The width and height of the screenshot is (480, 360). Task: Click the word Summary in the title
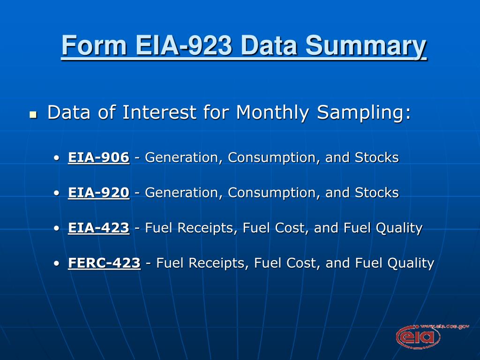tap(366, 46)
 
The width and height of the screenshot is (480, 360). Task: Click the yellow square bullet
tap(33, 115)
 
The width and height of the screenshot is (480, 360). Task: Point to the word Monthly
tap(273, 112)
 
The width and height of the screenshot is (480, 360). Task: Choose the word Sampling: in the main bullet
tap(364, 112)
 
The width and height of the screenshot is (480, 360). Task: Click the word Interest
tap(159, 112)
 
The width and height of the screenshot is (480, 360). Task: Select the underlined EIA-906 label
tap(98, 157)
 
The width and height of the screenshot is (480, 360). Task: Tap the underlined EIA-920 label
tap(98, 193)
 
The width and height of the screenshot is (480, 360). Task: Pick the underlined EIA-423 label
tap(98, 228)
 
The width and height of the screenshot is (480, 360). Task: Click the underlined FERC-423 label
tap(105, 263)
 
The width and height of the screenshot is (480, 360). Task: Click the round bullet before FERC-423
tap(56, 263)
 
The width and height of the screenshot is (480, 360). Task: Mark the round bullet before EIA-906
tap(56, 158)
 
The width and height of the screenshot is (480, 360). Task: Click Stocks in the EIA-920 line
tap(377, 193)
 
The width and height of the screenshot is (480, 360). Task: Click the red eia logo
tap(418, 337)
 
